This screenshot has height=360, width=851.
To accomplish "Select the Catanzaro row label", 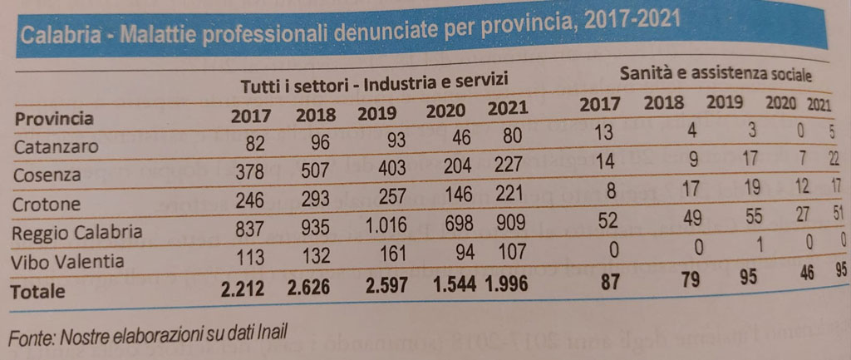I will click(57, 147).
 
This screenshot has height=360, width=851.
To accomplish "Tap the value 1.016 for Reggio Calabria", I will click(381, 227).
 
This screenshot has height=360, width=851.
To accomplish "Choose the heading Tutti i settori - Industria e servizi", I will click(374, 85).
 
